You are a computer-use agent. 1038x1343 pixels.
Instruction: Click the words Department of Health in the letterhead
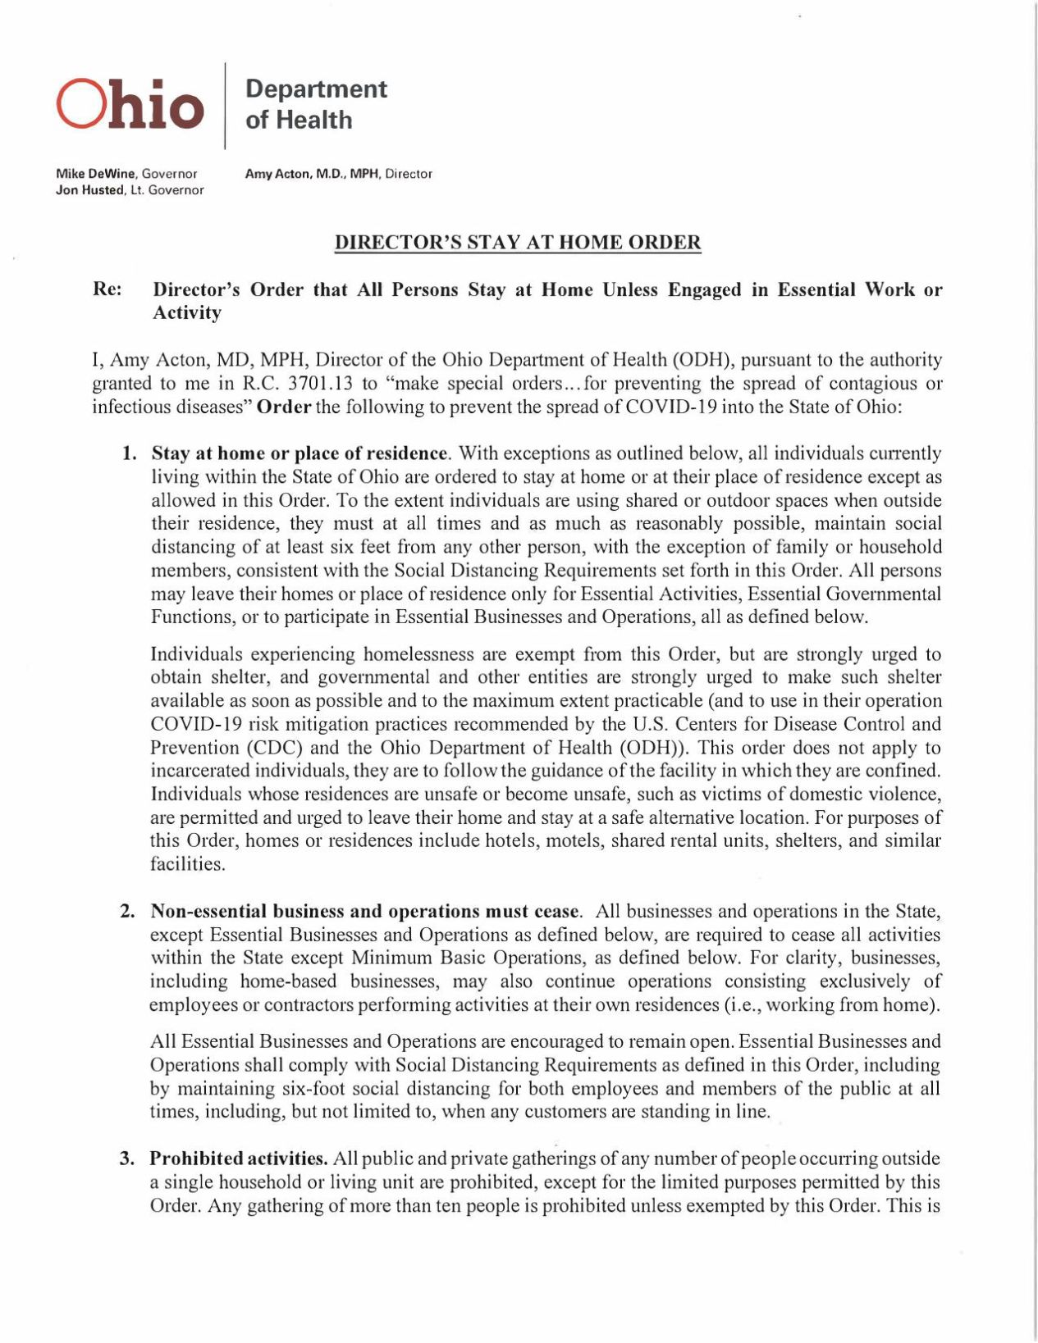point(316,104)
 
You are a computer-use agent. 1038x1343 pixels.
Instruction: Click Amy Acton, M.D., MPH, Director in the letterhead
point(338,174)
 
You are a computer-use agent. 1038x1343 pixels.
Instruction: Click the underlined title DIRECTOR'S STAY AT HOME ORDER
point(518,243)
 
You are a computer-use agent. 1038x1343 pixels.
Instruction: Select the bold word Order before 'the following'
point(284,407)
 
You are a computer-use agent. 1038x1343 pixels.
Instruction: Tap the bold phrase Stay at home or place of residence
point(300,453)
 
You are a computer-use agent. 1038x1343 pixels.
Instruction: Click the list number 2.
point(127,912)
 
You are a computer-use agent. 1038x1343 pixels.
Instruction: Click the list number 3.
point(126,1159)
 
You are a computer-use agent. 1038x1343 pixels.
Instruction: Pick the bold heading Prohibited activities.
point(239,1159)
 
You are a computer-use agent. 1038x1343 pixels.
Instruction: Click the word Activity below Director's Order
point(187,313)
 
